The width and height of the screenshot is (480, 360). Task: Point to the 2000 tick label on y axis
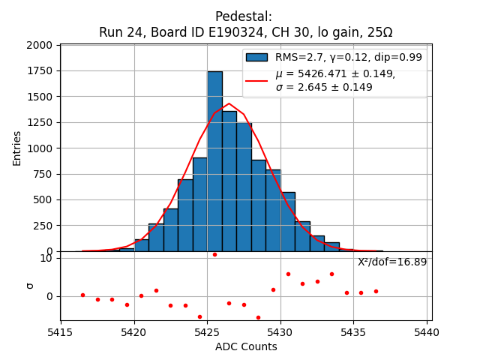[40, 45]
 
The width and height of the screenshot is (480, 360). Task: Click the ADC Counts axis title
[245, 346]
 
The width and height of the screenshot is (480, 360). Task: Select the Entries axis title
[17, 148]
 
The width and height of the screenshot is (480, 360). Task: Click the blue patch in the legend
[257, 58]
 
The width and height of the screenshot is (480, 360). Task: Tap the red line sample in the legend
[257, 80]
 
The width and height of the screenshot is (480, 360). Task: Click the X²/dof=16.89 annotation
[391, 262]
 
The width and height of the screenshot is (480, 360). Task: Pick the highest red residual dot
[214, 254]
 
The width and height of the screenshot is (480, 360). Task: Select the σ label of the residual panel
[29, 285]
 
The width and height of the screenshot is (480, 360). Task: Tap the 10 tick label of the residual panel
[46, 258]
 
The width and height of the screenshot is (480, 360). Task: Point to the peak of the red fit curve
[229, 104]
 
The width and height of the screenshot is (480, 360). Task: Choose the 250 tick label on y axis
[44, 226]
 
